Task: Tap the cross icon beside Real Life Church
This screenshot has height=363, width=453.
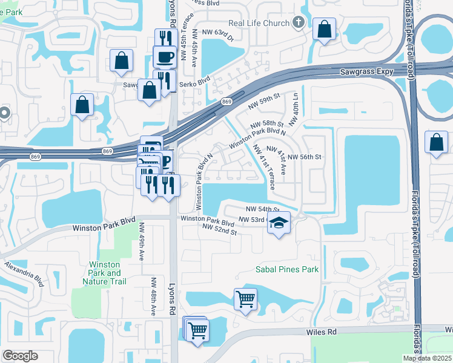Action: [x=297, y=23]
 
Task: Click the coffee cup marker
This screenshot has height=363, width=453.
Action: [x=164, y=56]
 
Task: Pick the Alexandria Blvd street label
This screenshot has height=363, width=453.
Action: [x=24, y=274]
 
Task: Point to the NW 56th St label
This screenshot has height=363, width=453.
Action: [x=303, y=157]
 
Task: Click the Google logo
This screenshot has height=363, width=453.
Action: [x=20, y=356]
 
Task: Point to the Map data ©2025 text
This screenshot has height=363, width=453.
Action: [x=427, y=358]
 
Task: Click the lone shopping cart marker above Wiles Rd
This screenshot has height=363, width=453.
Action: [x=245, y=299]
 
